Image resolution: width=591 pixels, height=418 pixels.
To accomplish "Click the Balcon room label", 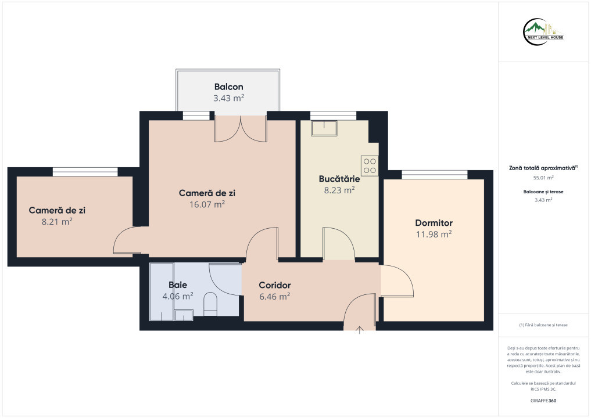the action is pyautogui.click(x=228, y=87).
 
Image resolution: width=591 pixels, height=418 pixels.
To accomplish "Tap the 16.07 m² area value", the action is pyautogui.click(x=207, y=204).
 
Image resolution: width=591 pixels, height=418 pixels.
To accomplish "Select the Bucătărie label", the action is pyautogui.click(x=339, y=179).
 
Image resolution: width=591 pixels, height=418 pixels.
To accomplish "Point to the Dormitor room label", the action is pyautogui.click(x=434, y=222).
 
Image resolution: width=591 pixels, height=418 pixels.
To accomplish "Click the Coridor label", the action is pyautogui.click(x=275, y=285).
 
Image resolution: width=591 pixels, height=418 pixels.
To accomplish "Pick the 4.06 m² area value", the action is pyautogui.click(x=177, y=296).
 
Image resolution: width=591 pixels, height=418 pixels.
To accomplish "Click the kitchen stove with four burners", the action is pyautogui.click(x=370, y=166).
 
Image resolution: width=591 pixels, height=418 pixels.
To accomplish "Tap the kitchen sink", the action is pyautogui.click(x=324, y=128).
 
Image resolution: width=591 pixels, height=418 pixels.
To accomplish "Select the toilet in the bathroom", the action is pyautogui.click(x=210, y=304).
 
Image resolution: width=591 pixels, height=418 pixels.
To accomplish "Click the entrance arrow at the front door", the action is pyautogui.click(x=360, y=330).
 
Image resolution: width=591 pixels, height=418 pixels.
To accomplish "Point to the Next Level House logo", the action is pyautogui.click(x=543, y=32).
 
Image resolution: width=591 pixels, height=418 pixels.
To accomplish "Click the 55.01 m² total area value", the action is pyautogui.click(x=543, y=178).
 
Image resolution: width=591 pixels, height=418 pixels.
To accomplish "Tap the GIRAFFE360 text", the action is pyautogui.click(x=543, y=401).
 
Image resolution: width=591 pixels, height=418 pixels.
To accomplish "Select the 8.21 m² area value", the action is pyautogui.click(x=57, y=221).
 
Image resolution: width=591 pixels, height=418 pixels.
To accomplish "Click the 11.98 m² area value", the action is pyautogui.click(x=434, y=234).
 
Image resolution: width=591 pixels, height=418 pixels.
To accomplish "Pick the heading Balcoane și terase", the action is pyautogui.click(x=543, y=192).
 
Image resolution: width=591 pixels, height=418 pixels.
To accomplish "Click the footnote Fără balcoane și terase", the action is pyautogui.click(x=543, y=325).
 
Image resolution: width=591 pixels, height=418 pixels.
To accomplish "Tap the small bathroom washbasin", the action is pyautogui.click(x=184, y=315).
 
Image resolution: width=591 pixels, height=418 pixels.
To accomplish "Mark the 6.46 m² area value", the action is pyautogui.click(x=275, y=296).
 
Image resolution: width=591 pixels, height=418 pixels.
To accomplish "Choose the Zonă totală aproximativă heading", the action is pyautogui.click(x=543, y=168).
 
